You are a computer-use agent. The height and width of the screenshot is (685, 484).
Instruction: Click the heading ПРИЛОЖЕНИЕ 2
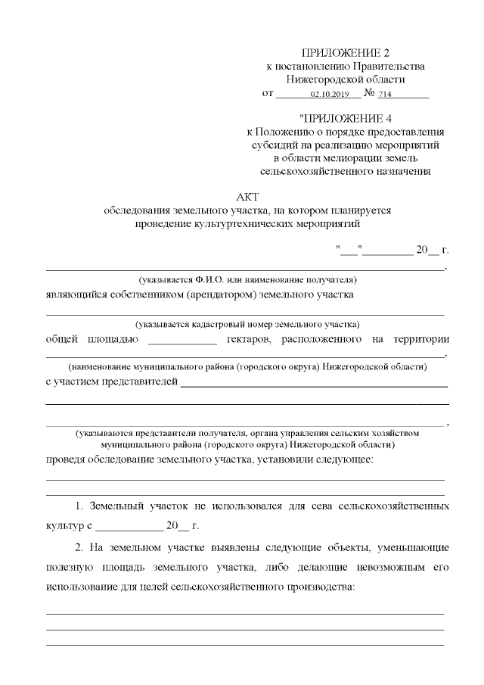point(346,53)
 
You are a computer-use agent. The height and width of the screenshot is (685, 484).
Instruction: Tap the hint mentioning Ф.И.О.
point(247,280)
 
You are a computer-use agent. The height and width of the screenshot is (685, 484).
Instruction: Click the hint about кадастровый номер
point(247,324)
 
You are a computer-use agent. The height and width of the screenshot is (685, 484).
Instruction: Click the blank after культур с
point(129,525)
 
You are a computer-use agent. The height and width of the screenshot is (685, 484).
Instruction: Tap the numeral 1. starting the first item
point(80,504)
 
